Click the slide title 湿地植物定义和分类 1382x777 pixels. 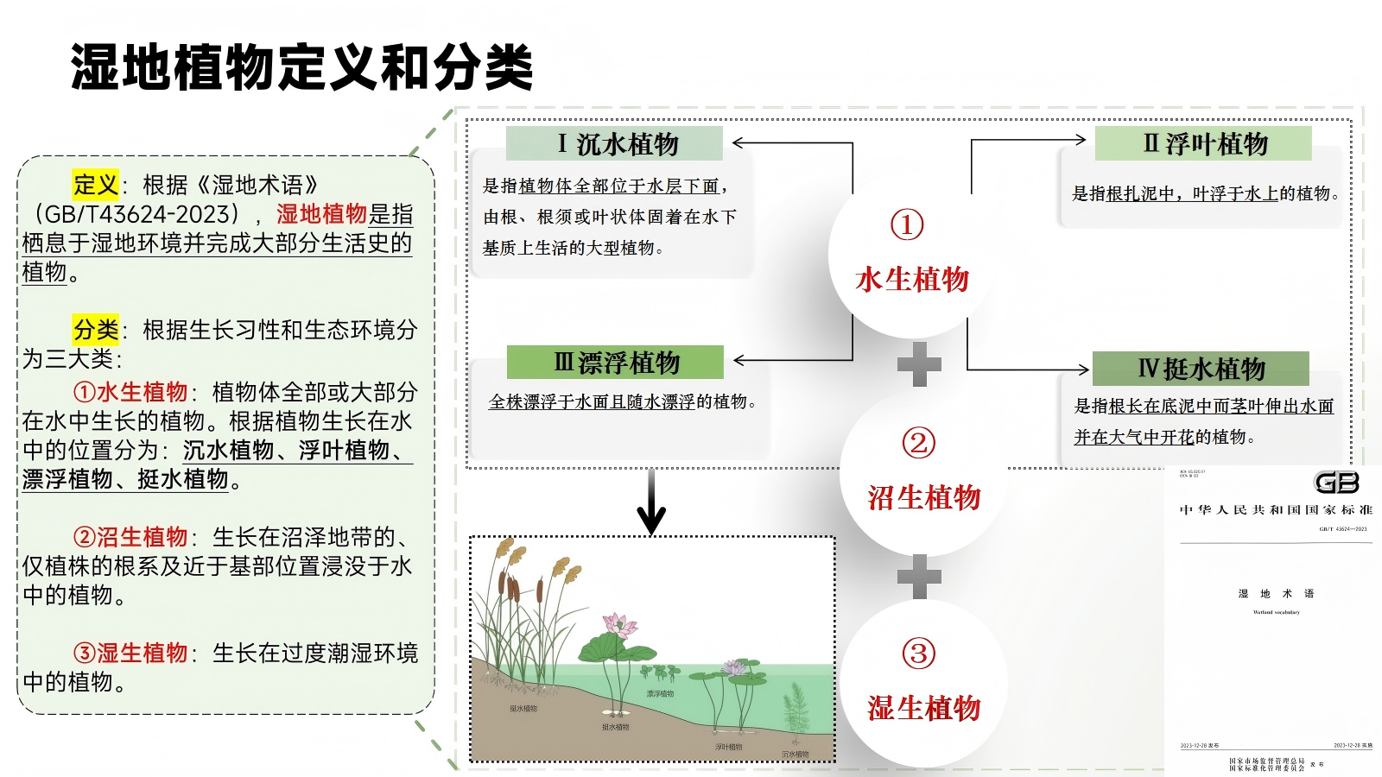[x=301, y=67]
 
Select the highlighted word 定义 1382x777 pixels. [x=96, y=185]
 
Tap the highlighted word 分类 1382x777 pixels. [x=96, y=330]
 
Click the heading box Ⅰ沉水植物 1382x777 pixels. [x=614, y=143]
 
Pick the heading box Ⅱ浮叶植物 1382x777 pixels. [x=1203, y=143]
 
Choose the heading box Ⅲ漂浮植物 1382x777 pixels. [x=615, y=363]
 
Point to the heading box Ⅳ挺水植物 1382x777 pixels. [x=1201, y=369]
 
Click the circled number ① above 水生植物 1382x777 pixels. [x=907, y=224]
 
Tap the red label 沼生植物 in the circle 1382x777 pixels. [x=923, y=497]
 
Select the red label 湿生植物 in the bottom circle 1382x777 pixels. [x=923, y=708]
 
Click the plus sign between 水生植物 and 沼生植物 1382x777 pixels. [x=919, y=364]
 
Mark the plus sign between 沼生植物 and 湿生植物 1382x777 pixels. [x=919, y=576]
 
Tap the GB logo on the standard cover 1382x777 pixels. [x=1336, y=482]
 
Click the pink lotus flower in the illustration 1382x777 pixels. [x=618, y=623]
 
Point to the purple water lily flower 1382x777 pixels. [x=734, y=667]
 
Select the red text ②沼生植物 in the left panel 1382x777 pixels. [x=130, y=537]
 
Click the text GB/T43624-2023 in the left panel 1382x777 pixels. [x=136, y=214]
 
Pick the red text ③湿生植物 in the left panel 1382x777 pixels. [x=130, y=653]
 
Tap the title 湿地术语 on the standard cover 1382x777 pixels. [x=1276, y=594]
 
